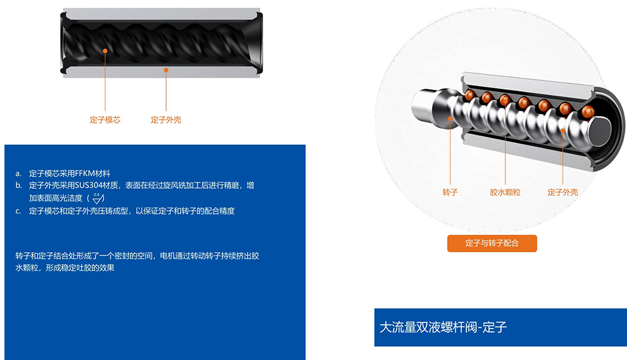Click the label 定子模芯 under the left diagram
coord(105,120)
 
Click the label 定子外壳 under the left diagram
coord(166,120)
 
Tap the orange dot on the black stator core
coord(105,51)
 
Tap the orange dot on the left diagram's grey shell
coord(166,70)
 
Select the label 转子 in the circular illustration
coord(450,193)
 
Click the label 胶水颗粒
coord(505,193)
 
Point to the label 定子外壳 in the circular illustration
coord(562,193)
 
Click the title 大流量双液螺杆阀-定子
coord(443,327)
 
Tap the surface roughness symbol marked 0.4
coord(98,198)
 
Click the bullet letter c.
coord(18,211)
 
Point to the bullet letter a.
coord(18,174)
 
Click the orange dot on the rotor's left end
coord(450,119)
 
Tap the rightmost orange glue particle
coord(588,111)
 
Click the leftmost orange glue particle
coord(470,95)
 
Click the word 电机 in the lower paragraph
coord(167,256)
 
